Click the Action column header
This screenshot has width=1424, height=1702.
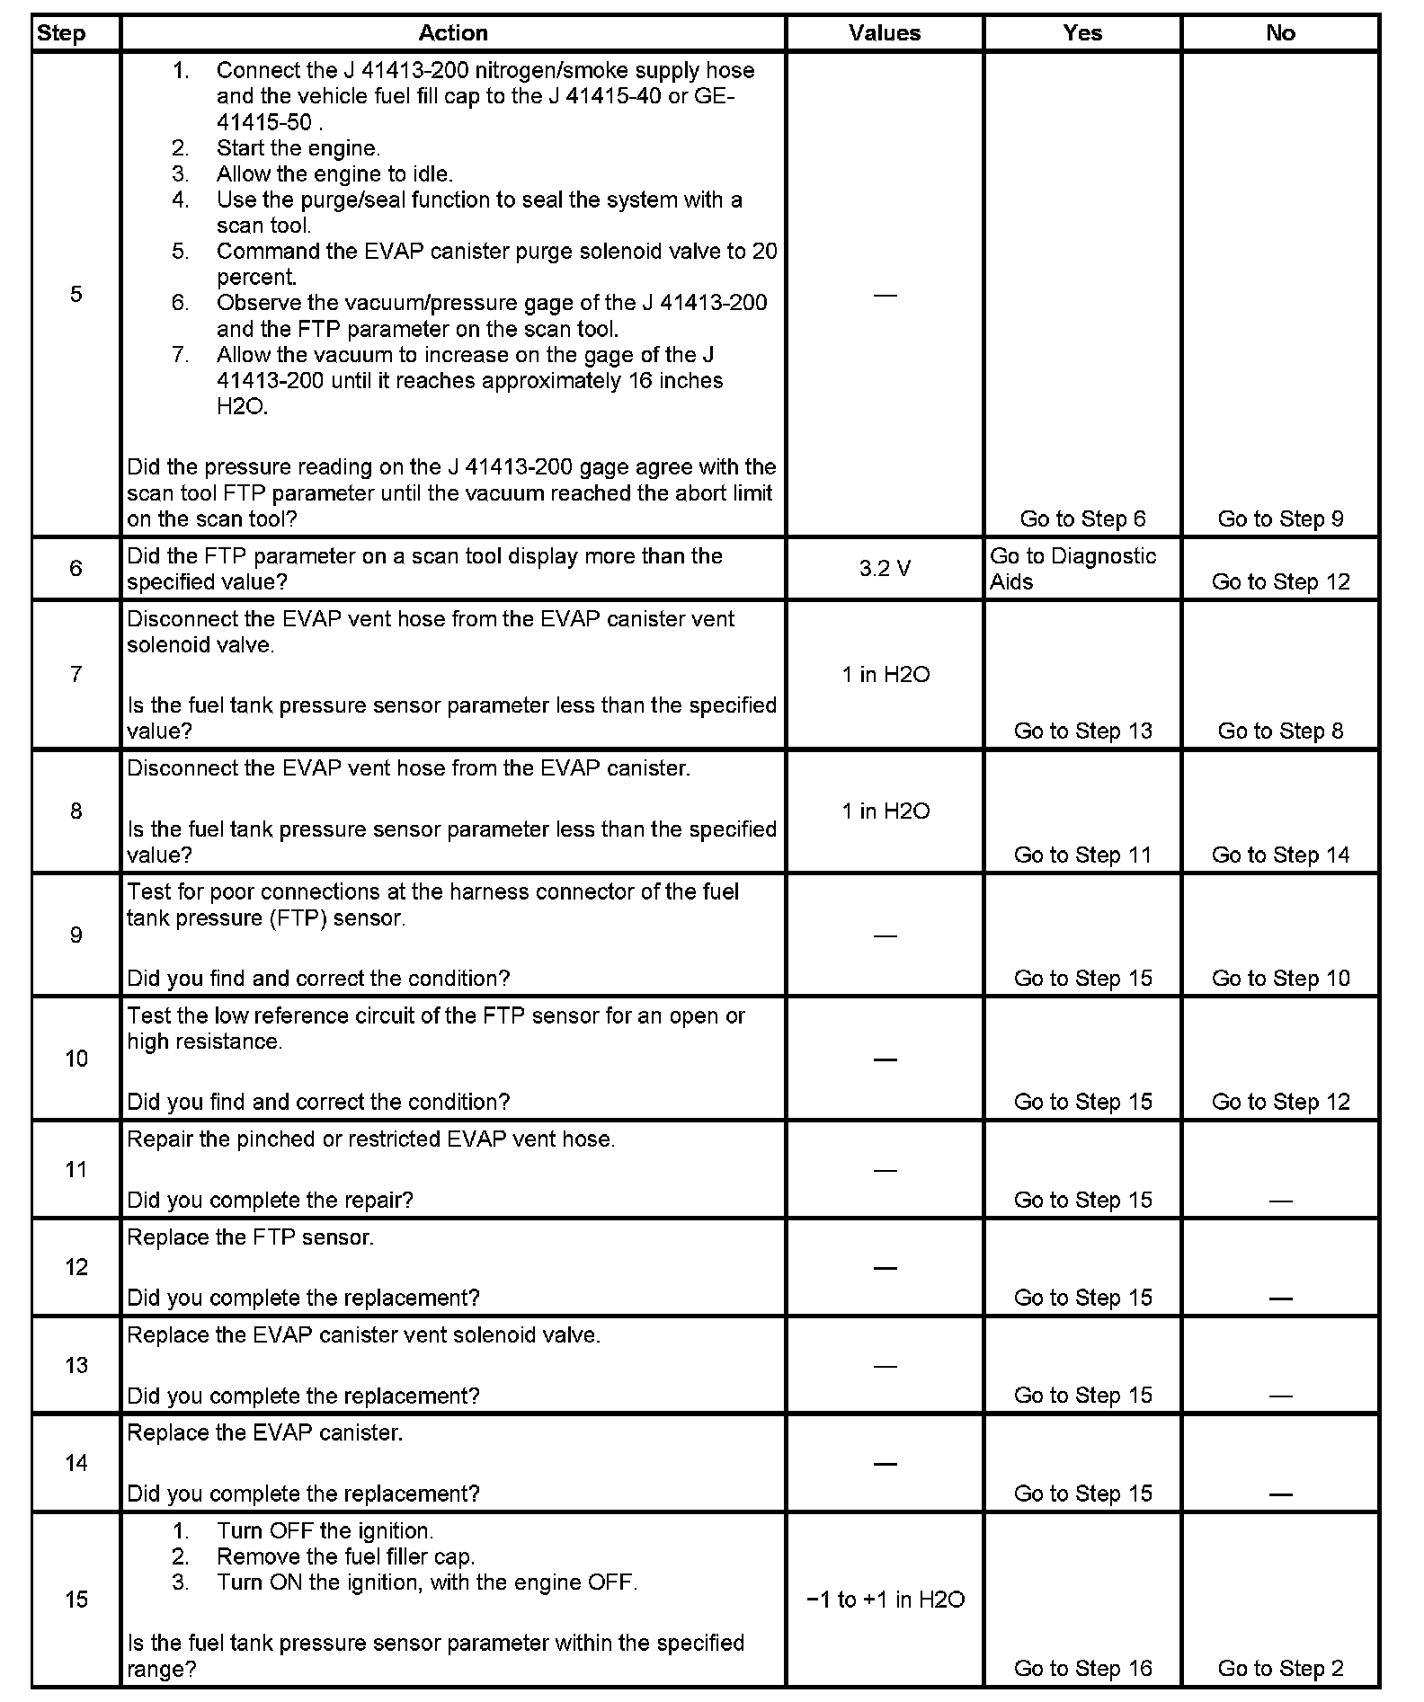click(453, 33)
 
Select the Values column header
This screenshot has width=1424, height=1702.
click(885, 33)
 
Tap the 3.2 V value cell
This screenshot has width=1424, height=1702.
click(885, 569)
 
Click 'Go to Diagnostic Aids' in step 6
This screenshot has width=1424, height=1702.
click(1072, 569)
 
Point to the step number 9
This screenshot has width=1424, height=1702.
click(76, 935)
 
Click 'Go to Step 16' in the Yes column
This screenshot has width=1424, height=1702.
click(1082, 1669)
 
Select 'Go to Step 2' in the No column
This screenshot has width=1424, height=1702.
click(1280, 1669)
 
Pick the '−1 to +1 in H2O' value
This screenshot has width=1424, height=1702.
click(886, 1600)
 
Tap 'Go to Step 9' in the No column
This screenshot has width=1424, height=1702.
click(1280, 519)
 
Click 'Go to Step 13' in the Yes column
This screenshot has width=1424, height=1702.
click(1082, 731)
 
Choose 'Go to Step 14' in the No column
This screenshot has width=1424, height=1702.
click(1280, 855)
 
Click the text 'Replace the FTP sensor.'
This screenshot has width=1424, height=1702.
click(250, 1237)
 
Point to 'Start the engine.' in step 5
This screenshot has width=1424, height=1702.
click(298, 148)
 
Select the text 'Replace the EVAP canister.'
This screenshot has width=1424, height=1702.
click(264, 1432)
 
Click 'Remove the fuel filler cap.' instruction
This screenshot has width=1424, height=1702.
click(346, 1556)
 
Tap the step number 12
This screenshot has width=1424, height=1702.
click(76, 1267)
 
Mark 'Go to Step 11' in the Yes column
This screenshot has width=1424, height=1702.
click(1082, 855)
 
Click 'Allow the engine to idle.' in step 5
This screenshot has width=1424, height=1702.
click(334, 174)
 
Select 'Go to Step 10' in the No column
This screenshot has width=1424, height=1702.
click(1280, 979)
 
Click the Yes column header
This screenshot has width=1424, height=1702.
click(1082, 33)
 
